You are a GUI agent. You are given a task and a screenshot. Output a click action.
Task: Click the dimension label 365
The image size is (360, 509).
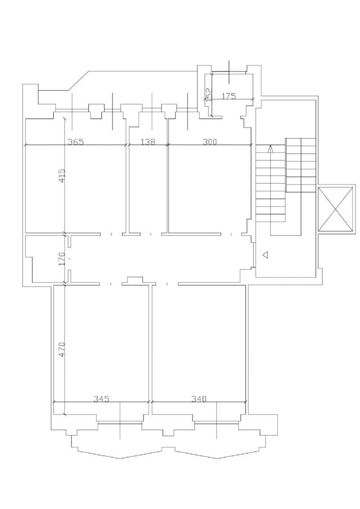(x=76, y=141)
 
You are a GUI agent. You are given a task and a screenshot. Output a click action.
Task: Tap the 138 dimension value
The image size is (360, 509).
(x=148, y=141)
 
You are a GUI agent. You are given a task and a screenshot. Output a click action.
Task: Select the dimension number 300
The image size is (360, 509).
(x=210, y=141)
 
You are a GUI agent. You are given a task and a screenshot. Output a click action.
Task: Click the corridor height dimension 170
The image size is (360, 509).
(x=63, y=259)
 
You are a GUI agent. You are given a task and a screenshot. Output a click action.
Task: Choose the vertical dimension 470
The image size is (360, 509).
(x=63, y=349)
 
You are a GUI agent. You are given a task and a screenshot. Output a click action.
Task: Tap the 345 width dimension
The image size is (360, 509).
(x=101, y=399)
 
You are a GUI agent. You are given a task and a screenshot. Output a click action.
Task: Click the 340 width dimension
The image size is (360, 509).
(x=198, y=399)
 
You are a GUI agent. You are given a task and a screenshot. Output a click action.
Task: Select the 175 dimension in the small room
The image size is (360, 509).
(x=229, y=96)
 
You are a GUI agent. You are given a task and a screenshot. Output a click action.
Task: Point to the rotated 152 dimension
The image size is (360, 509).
(x=209, y=95)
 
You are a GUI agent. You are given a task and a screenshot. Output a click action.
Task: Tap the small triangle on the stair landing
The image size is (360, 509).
(x=265, y=255)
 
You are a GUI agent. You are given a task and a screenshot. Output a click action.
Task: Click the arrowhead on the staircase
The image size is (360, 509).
(x=271, y=149)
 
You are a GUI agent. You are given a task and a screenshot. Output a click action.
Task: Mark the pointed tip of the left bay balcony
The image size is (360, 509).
(x=120, y=458)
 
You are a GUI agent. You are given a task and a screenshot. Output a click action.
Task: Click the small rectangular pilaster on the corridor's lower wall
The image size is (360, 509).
(x=135, y=280)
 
